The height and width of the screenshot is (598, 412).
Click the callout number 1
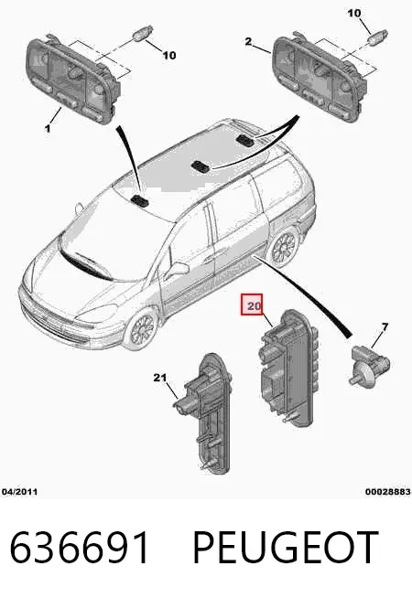point(48,128)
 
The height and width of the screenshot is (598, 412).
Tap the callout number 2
point(248,41)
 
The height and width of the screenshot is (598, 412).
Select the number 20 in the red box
point(254,305)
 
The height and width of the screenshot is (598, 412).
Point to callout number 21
point(160,378)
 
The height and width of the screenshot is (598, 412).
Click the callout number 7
point(385,326)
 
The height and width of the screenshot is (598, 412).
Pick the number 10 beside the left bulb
point(169,56)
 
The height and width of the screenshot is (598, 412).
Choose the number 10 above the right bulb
point(354,14)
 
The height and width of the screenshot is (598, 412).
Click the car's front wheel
point(143,329)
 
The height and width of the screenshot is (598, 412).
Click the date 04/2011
point(20,492)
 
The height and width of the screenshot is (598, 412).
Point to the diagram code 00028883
point(387,492)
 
